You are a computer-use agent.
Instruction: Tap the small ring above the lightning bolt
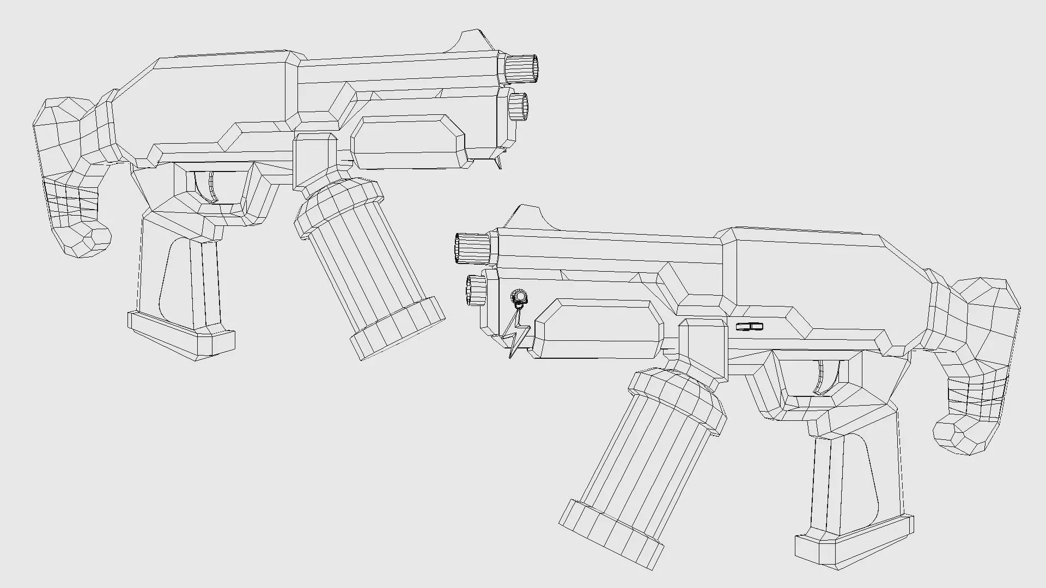point(520,297)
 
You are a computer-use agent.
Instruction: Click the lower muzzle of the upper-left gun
point(518,107)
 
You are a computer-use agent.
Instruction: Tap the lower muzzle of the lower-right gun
point(476,290)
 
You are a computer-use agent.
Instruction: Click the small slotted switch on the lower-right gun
point(749,327)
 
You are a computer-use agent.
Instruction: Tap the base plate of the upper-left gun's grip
point(181,334)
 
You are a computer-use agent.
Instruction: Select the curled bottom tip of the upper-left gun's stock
point(87,240)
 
